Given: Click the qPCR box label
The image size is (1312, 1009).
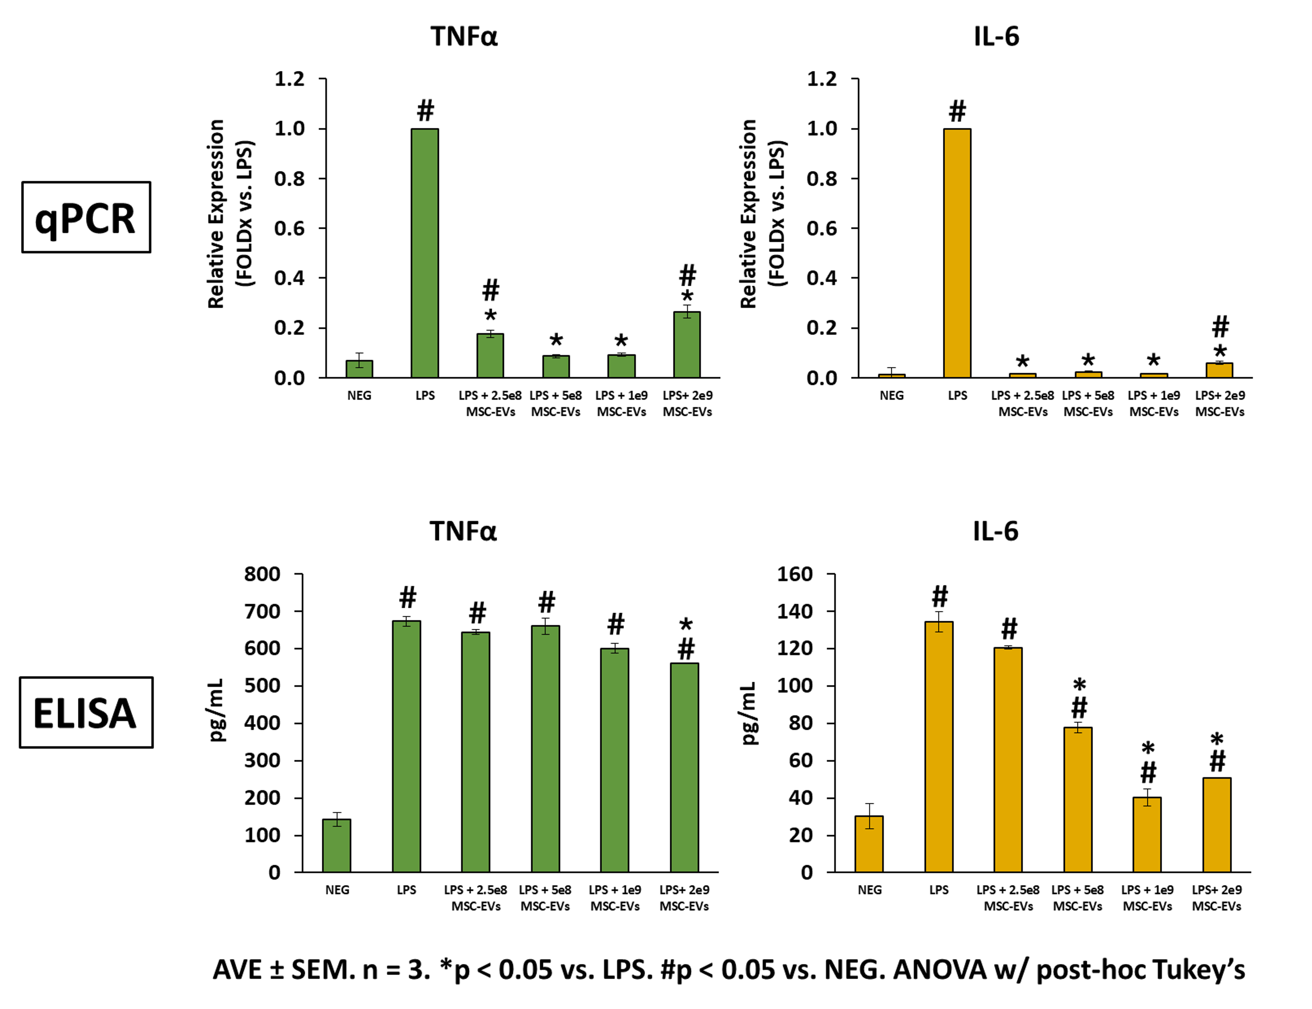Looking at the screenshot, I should click(x=86, y=217).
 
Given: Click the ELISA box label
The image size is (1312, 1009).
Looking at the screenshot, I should click(x=86, y=712).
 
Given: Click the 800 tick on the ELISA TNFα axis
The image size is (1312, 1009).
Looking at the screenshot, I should click(x=262, y=574).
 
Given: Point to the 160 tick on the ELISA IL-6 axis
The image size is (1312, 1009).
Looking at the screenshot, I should click(x=795, y=574).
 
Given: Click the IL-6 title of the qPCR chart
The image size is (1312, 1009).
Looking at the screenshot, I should click(x=996, y=37).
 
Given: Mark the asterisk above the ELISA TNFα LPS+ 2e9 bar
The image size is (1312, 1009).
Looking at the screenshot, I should click(x=685, y=624).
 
